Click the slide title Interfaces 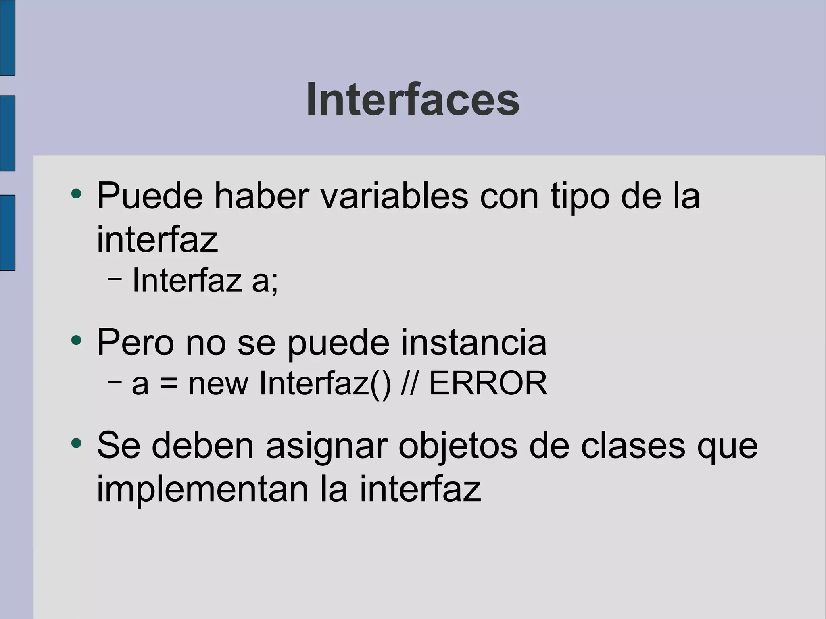click(413, 100)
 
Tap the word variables click(394, 196)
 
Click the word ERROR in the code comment click(488, 383)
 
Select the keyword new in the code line click(218, 384)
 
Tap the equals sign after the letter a click(169, 383)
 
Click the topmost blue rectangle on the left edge click(7, 38)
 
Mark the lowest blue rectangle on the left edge click(7, 232)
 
